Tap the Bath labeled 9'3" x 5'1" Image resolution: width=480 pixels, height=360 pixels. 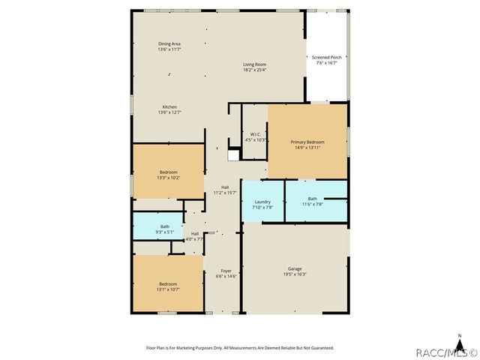(164, 229)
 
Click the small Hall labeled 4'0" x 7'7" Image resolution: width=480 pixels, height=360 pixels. (195, 236)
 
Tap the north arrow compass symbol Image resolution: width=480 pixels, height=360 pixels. (460, 338)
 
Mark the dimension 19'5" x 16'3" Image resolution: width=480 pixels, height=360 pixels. (295, 274)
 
